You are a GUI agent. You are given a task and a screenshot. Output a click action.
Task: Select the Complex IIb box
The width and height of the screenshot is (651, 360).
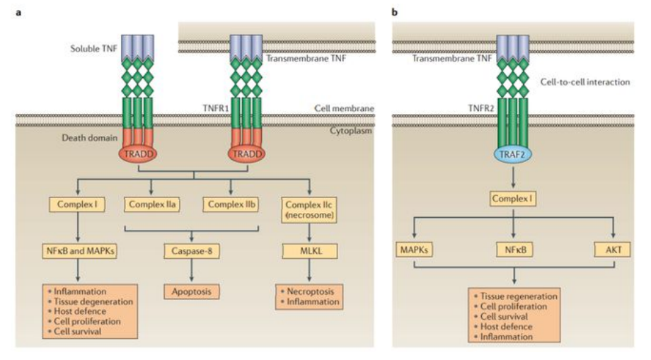[x=229, y=206]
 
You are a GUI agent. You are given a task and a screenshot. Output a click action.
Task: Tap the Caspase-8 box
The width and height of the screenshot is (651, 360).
[x=190, y=250]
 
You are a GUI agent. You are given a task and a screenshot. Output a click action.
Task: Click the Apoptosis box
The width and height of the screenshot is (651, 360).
[x=190, y=291]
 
